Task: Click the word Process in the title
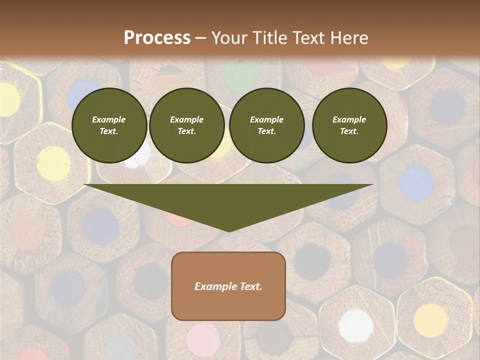[x=157, y=38]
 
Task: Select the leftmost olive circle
[x=109, y=125]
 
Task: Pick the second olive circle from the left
[x=186, y=125]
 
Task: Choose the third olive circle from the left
[x=266, y=125]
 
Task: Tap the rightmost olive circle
[x=349, y=125]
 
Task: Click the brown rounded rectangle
[x=228, y=286]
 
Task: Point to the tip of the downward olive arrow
[x=229, y=230]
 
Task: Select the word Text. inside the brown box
[x=250, y=286]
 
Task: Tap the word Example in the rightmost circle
[x=349, y=119]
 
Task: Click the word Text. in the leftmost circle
[x=109, y=131]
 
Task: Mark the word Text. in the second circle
[x=186, y=131]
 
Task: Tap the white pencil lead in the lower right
[x=356, y=325]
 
